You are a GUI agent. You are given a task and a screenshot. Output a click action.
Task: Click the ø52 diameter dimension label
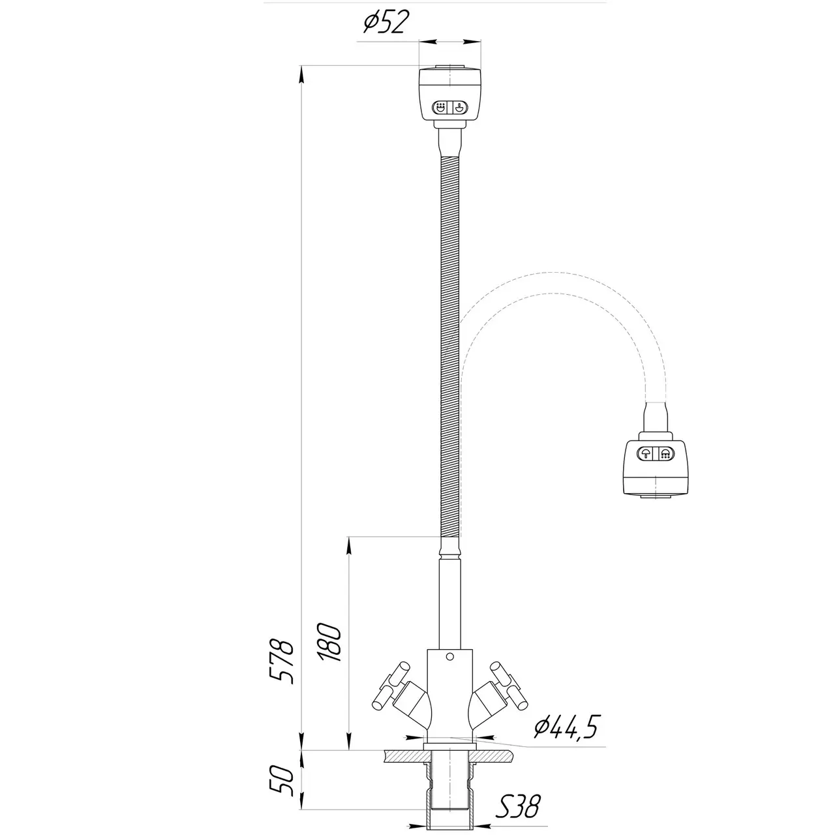(x=386, y=23)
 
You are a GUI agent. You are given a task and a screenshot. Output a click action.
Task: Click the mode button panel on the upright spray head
(x=450, y=107)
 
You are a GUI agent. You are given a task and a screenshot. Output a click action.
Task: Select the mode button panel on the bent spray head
(x=655, y=453)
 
